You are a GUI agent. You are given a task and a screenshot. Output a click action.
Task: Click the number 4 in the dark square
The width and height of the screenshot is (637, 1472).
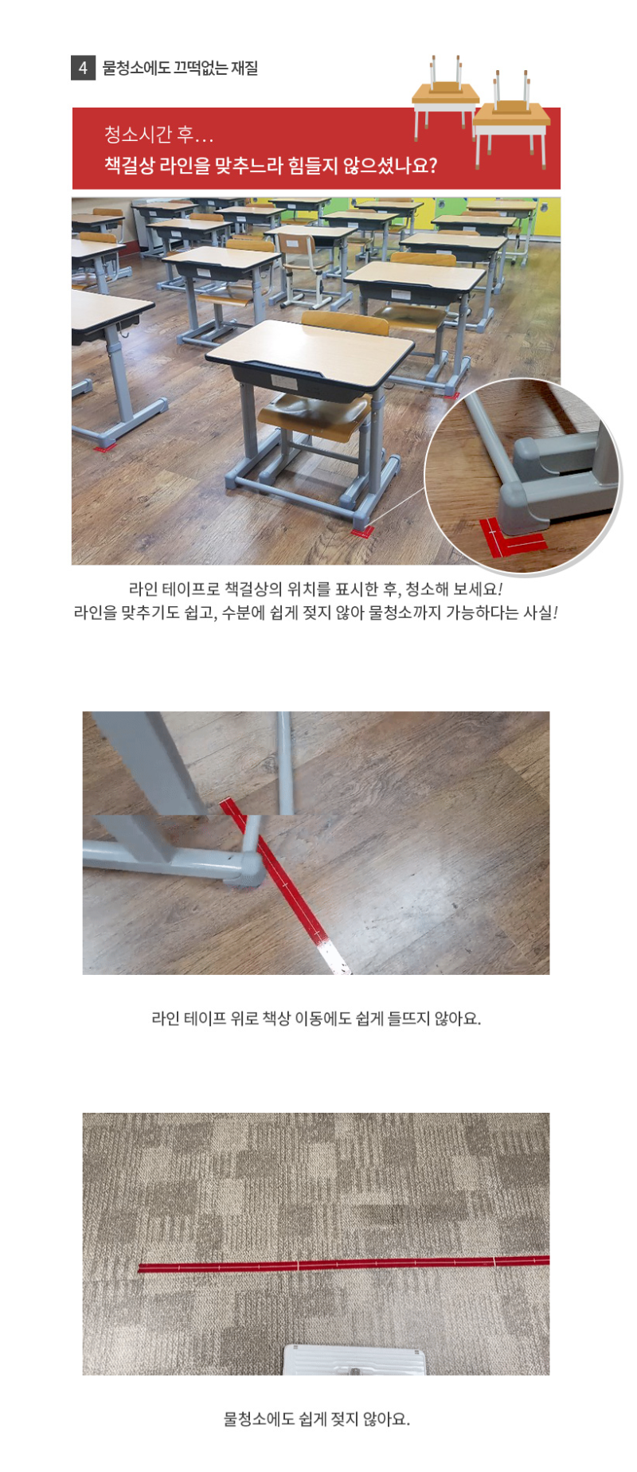click(83, 68)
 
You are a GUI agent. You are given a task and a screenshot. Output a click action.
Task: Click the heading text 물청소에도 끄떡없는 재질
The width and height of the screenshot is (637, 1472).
click(181, 68)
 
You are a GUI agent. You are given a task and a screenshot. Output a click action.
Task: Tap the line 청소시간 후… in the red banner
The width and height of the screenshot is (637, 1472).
click(158, 134)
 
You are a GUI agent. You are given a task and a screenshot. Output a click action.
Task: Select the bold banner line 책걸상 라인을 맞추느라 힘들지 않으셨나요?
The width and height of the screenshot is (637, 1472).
click(271, 166)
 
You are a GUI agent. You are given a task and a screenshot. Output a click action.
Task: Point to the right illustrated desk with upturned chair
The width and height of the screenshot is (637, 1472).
click(512, 118)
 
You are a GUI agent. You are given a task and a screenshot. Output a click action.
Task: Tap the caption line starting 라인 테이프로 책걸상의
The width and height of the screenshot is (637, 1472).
click(316, 589)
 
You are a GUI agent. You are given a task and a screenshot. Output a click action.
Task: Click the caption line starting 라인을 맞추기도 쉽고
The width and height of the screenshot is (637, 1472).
click(316, 613)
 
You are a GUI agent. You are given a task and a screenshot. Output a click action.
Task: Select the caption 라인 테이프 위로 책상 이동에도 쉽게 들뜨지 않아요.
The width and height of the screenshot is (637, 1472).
click(316, 1018)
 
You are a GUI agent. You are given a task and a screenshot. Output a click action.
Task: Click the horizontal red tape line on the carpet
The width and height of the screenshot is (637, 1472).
click(344, 1264)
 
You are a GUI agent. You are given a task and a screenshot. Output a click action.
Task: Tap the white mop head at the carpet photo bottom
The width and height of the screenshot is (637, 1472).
click(355, 1360)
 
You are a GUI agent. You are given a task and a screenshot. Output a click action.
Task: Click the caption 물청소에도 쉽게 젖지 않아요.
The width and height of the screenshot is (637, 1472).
click(316, 1419)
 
